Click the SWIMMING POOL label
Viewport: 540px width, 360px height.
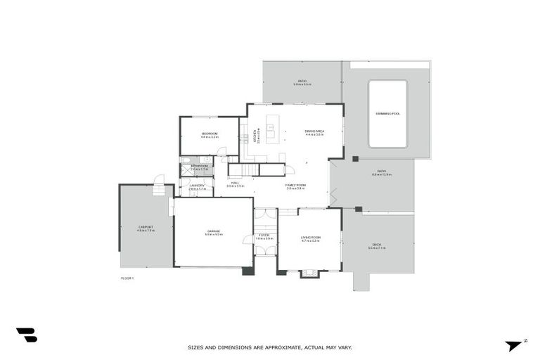pyautogui.click(x=387, y=113)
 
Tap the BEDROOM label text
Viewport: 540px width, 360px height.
pyautogui.click(x=210, y=134)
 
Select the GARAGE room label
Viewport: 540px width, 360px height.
pyautogui.click(x=213, y=231)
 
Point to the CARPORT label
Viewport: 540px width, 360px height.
pyautogui.click(x=146, y=227)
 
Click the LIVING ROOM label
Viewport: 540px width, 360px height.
pyautogui.click(x=310, y=238)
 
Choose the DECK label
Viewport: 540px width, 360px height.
pyautogui.click(x=377, y=245)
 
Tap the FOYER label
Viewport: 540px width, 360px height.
pyautogui.click(x=264, y=235)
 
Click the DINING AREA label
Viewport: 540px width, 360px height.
pyautogui.click(x=314, y=131)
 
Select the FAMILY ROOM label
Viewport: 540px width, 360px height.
pyautogui.click(x=295, y=186)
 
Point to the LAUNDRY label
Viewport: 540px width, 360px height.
pyautogui.click(x=197, y=186)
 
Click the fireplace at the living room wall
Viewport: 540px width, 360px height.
pyautogui.click(x=309, y=273)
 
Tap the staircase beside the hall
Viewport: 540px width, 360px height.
pyautogui.click(x=243, y=169)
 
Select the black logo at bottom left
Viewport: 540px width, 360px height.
pyautogui.click(x=26, y=335)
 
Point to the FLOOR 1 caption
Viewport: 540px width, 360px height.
pyautogui.click(x=127, y=278)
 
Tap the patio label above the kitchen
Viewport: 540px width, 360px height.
pyautogui.click(x=302, y=82)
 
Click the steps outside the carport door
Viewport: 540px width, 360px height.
pyautogui.click(x=160, y=190)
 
